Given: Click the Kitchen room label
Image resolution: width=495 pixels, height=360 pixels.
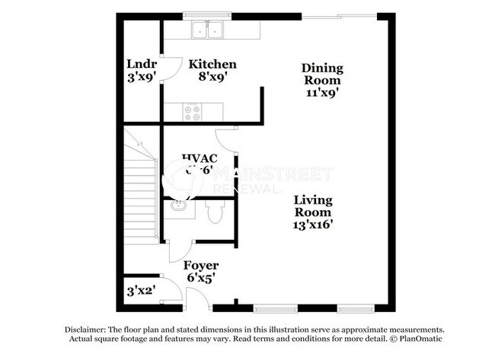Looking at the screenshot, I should (212, 64).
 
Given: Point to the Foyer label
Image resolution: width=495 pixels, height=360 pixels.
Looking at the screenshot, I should (201, 266).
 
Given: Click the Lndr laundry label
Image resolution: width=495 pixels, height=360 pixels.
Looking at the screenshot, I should (141, 64).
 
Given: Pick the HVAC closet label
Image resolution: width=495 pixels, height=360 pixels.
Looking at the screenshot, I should (200, 158).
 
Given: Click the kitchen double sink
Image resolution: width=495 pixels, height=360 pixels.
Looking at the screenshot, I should (208, 31).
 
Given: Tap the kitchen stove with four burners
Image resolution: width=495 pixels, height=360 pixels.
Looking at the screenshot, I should (193, 112).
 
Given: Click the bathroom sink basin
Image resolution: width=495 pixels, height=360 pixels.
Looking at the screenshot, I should (179, 205).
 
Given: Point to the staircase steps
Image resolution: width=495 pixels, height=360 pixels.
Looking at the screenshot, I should (140, 190).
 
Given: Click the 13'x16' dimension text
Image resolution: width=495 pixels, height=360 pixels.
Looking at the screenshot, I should (313, 225).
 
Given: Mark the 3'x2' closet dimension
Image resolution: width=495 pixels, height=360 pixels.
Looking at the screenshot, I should (139, 290).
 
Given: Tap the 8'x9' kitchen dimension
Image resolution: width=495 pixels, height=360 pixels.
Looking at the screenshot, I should (212, 76).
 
